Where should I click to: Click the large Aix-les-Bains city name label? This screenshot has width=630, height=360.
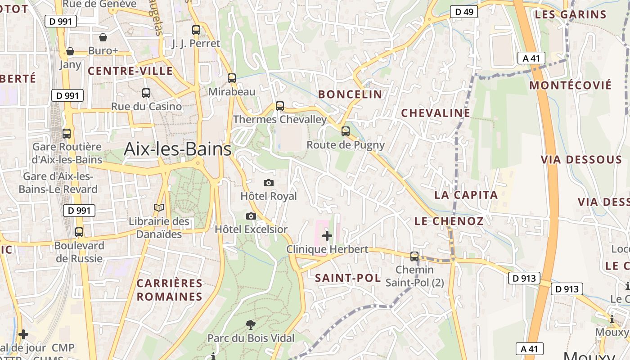click(x=177, y=149)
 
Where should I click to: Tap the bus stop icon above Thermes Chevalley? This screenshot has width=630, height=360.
click(x=280, y=107)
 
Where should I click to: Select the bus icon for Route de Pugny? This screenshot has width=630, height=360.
click(x=346, y=131)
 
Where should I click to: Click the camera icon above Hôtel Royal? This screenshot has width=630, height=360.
click(x=269, y=183)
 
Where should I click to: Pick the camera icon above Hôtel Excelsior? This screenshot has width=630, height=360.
click(x=251, y=216)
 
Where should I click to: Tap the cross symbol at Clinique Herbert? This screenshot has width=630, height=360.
click(x=327, y=235)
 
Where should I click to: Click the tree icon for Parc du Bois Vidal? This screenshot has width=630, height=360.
click(x=251, y=324)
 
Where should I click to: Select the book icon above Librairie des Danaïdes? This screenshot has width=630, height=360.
click(x=159, y=208)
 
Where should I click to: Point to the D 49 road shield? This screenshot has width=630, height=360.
click(x=464, y=12)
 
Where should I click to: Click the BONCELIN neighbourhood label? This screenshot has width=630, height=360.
click(x=350, y=94)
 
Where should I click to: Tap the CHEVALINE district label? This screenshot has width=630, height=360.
click(x=436, y=113)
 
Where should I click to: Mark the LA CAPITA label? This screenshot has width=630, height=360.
click(x=466, y=195)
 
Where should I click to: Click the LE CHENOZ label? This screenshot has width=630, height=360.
click(x=449, y=221)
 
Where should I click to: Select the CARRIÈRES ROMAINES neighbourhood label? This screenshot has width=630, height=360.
click(x=170, y=290)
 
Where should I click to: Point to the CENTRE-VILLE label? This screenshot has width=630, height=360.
click(x=130, y=71)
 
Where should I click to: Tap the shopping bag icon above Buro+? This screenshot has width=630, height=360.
click(x=103, y=37)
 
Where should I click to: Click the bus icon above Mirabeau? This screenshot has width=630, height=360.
click(x=232, y=78)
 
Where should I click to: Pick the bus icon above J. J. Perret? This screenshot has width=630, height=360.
click(x=196, y=30)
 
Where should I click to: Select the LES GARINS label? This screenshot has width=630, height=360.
click(x=571, y=14)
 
